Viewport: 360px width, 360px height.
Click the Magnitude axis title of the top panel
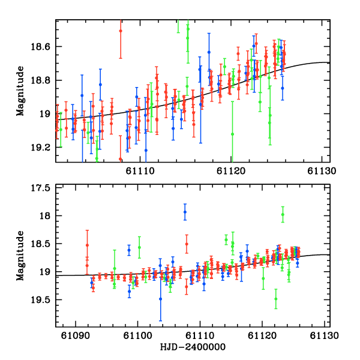[21, 91]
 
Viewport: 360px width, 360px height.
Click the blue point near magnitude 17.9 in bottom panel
[185, 212]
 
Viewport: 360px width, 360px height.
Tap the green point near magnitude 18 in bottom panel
[283, 214]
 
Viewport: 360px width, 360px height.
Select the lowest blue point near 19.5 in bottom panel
[160, 299]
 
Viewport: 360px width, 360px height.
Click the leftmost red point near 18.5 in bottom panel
[87, 245]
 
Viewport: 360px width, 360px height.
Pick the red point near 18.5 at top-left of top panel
[121, 31]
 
